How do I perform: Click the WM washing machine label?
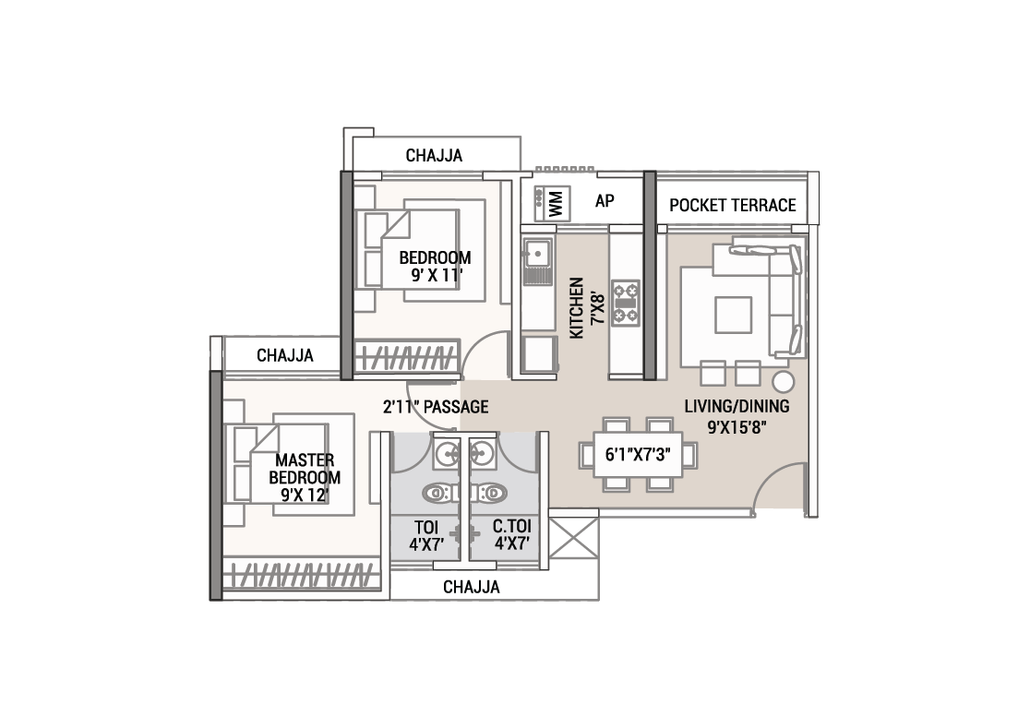557,204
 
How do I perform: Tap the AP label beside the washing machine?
605,201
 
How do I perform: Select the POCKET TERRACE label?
733,206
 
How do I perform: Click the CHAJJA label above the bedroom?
434,156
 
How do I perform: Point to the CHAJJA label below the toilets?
472,587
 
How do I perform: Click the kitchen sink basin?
537,253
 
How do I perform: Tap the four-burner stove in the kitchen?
626,304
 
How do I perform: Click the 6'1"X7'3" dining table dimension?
638,454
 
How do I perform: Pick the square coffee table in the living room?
733,315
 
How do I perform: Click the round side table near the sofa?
783,382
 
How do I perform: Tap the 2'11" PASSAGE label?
436,407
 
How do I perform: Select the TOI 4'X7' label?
427,536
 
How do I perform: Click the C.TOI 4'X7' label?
512,535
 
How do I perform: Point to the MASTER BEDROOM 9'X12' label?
305,477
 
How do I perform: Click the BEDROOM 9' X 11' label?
436,266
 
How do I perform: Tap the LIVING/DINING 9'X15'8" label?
737,416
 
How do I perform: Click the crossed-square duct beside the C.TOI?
574,538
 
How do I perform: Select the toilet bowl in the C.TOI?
491,493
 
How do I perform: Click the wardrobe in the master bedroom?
302,575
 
